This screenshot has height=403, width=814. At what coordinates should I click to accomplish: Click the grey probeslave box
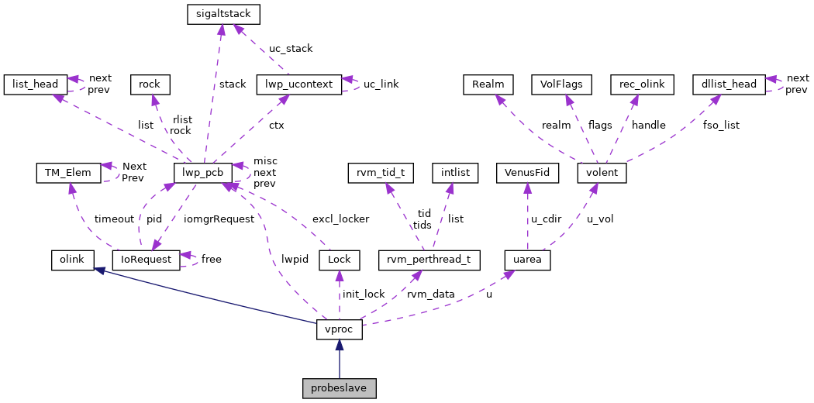click(x=340, y=388)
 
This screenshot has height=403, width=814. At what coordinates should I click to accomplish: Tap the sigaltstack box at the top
click(x=223, y=14)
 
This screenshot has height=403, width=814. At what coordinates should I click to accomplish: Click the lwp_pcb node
click(x=203, y=172)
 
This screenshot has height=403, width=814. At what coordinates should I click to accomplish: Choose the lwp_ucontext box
click(x=298, y=84)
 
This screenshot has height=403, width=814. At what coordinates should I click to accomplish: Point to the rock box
click(x=150, y=84)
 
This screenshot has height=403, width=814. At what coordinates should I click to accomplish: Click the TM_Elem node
click(x=68, y=172)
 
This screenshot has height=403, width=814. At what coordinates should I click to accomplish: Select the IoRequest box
click(x=146, y=260)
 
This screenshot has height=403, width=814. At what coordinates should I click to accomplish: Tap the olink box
click(x=72, y=260)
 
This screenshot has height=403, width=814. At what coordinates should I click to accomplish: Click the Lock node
click(x=340, y=260)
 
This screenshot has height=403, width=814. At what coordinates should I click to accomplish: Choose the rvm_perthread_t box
click(x=429, y=260)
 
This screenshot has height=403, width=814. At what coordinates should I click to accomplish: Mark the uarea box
click(x=527, y=260)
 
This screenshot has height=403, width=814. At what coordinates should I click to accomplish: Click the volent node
click(x=602, y=172)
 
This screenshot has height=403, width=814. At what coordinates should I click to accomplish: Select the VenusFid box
click(x=527, y=172)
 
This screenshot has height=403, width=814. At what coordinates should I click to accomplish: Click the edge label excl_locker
click(x=340, y=219)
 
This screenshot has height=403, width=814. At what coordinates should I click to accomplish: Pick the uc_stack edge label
click(x=291, y=49)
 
